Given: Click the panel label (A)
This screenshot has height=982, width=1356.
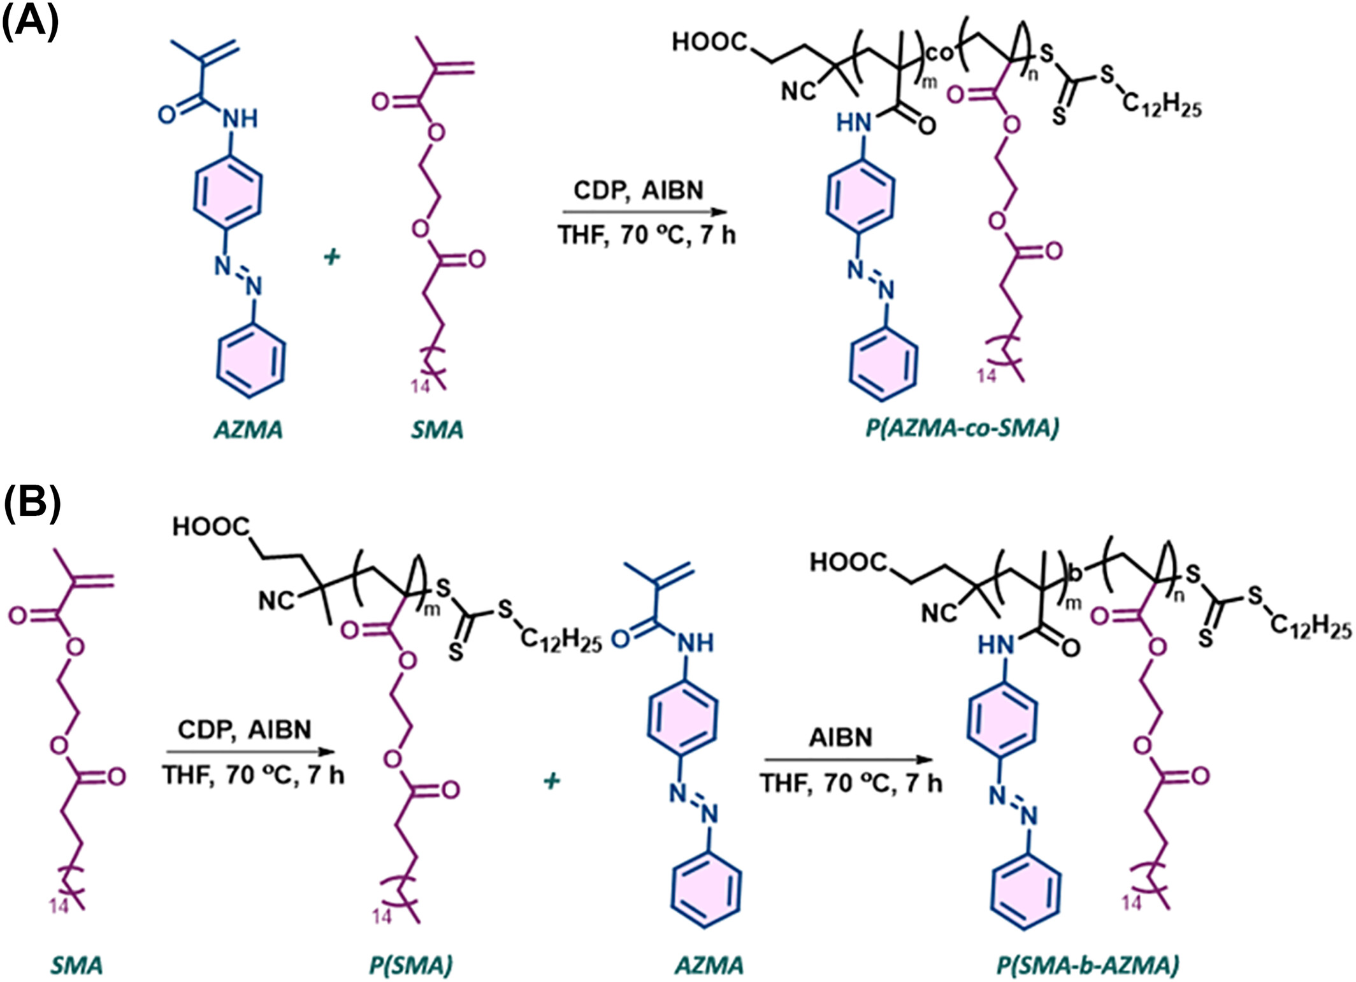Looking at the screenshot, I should click(31, 22).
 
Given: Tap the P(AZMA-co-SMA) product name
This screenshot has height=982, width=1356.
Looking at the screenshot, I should click(962, 428).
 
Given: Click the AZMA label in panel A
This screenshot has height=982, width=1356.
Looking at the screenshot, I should click(248, 431).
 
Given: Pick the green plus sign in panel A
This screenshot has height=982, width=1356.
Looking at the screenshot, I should click(331, 257).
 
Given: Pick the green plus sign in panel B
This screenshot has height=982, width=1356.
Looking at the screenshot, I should click(552, 781).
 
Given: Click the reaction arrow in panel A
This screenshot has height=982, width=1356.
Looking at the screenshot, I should click(644, 212).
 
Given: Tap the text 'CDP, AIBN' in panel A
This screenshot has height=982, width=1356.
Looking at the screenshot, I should click(638, 190).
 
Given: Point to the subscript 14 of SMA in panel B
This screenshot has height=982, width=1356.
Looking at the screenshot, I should click(59, 906).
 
